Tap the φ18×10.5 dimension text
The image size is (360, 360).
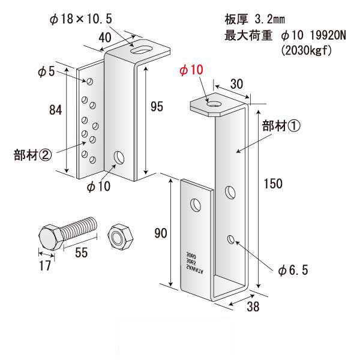pos(82,19)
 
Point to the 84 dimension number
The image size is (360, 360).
pos(56,109)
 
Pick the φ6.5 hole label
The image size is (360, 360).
pos(293,271)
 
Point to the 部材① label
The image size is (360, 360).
pos(280,126)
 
